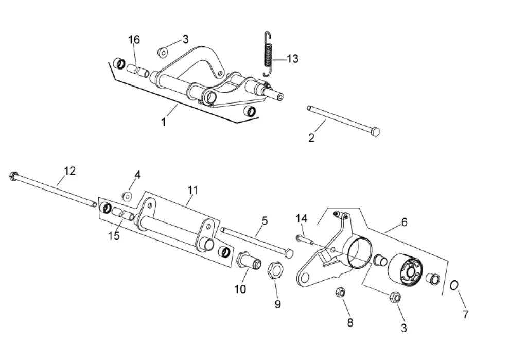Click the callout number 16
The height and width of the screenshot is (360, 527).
click(134, 40)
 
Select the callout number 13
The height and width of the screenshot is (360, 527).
click(292, 59)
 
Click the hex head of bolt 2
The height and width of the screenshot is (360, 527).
click(375, 131)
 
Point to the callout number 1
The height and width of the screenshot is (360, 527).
click(164, 122)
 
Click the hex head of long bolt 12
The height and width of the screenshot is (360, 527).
click(14, 176)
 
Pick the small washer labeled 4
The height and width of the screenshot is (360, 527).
click(128, 196)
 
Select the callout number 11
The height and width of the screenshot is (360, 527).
click(192, 191)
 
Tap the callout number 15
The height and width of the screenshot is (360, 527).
click(114, 236)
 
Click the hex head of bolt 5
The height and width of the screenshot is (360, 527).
click(289, 253)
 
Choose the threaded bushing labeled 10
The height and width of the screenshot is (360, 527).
click(249, 261)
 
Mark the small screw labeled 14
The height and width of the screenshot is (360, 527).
click(305, 239)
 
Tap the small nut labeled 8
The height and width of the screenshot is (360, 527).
click(341, 292)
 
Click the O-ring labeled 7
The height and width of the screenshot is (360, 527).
click(454, 286)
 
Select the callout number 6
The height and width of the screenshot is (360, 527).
click(405, 222)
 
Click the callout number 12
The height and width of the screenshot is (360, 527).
click(69, 171)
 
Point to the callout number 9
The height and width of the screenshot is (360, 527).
click(277, 304)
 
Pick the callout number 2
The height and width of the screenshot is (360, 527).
click(311, 138)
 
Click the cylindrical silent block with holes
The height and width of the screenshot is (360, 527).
click(405, 271)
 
